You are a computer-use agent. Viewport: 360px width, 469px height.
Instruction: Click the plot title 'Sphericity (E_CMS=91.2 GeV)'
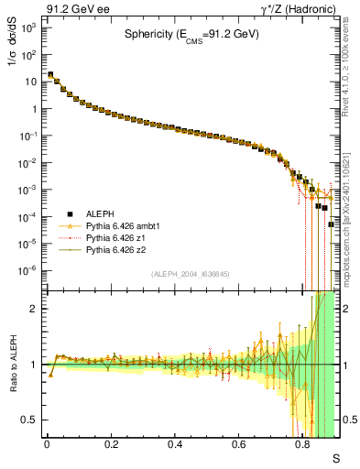pyautogui.click(x=192, y=36)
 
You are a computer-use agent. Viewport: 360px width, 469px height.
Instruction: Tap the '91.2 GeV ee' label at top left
pyautogui.click(x=72, y=8)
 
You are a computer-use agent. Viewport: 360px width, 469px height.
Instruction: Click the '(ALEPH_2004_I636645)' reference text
pyautogui.click(x=191, y=274)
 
